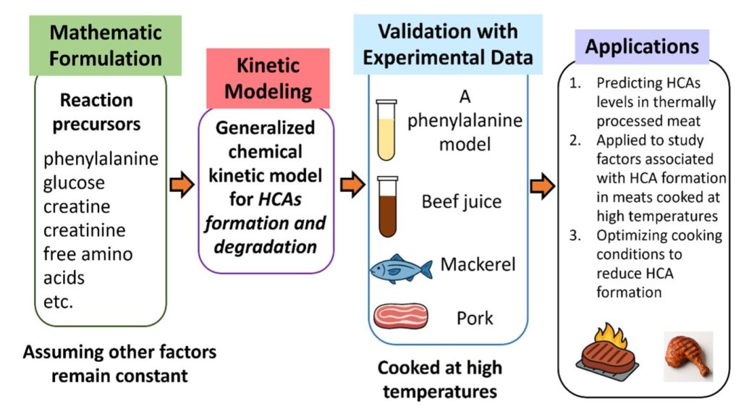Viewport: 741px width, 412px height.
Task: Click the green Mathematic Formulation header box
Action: pos(105,45)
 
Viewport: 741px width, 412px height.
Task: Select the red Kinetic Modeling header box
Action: pos(268,78)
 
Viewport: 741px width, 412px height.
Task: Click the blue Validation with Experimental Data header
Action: pos(447,44)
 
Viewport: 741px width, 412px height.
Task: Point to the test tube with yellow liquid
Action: pos(387,130)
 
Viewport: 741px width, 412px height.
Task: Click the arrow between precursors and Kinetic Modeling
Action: pos(182,186)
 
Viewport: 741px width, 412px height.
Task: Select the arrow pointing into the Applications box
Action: pos(542,186)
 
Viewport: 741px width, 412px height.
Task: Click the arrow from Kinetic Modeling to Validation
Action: pos(352,186)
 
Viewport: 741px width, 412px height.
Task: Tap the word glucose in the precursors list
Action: pos(74,182)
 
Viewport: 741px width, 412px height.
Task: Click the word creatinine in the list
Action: pos(84,230)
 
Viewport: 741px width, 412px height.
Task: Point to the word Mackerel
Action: pos(478,264)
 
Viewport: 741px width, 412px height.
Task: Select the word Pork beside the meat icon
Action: pos(475,317)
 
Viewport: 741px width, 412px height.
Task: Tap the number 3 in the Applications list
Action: pos(575,236)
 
